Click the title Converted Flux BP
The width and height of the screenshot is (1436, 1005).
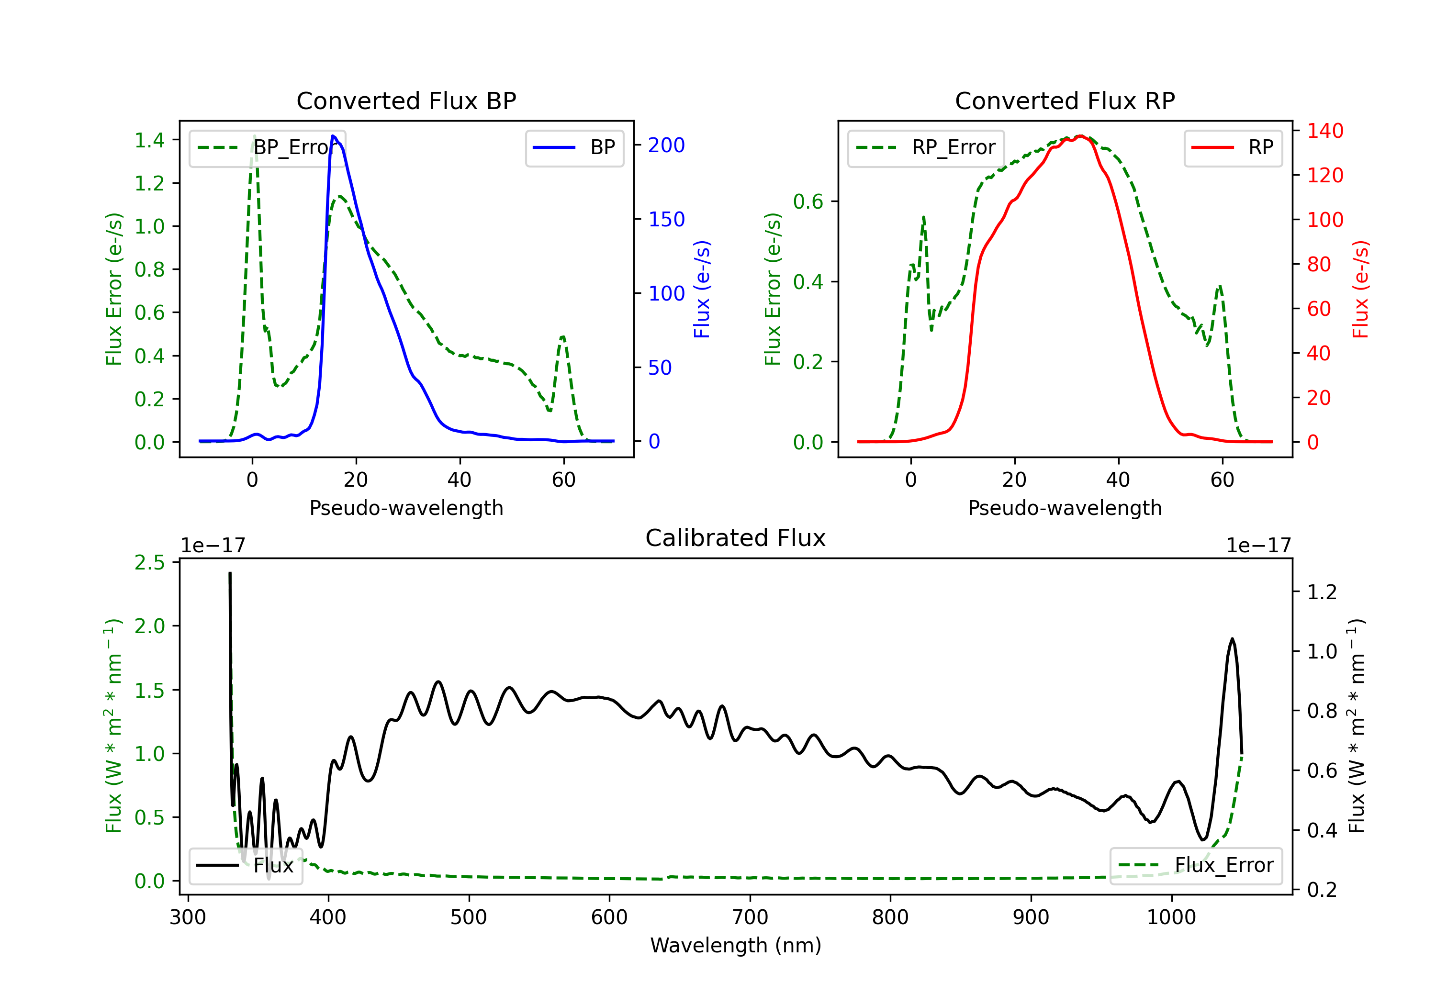coord(406,100)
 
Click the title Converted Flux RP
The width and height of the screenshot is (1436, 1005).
coord(1065,100)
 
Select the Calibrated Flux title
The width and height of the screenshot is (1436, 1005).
coord(736,538)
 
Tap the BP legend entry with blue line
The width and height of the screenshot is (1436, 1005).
coord(574,147)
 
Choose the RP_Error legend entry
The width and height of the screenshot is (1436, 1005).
coord(926,147)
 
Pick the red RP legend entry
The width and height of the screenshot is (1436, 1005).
coord(1233,147)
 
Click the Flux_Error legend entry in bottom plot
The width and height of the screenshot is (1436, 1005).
coord(1196,866)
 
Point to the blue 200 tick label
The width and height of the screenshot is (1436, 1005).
coord(666,145)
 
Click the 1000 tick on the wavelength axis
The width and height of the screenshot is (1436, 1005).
coord(1171,917)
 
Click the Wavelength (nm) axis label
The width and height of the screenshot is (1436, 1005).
coord(736,945)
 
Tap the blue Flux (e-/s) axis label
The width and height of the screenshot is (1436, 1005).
coord(702,289)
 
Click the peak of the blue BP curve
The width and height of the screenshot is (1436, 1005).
coord(333,136)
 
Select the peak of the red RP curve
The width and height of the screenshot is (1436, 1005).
coord(1080,136)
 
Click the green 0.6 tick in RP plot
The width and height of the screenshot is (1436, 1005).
coord(808,201)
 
